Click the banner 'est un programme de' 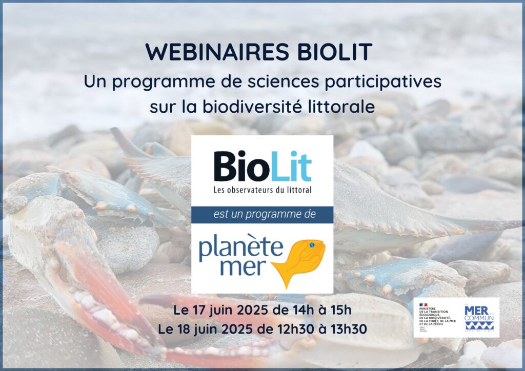pyautogui.click(x=262, y=215)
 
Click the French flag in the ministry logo pyautogui.click(x=424, y=303)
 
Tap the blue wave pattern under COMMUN pyautogui.click(x=478, y=325)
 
